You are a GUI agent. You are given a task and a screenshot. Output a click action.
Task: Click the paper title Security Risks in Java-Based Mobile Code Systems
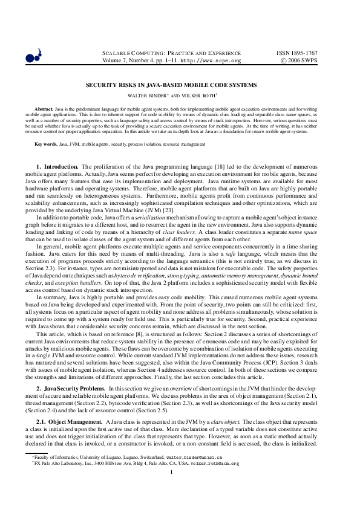point(180,86)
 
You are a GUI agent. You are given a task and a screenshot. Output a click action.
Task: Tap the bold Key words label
point(46,144)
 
